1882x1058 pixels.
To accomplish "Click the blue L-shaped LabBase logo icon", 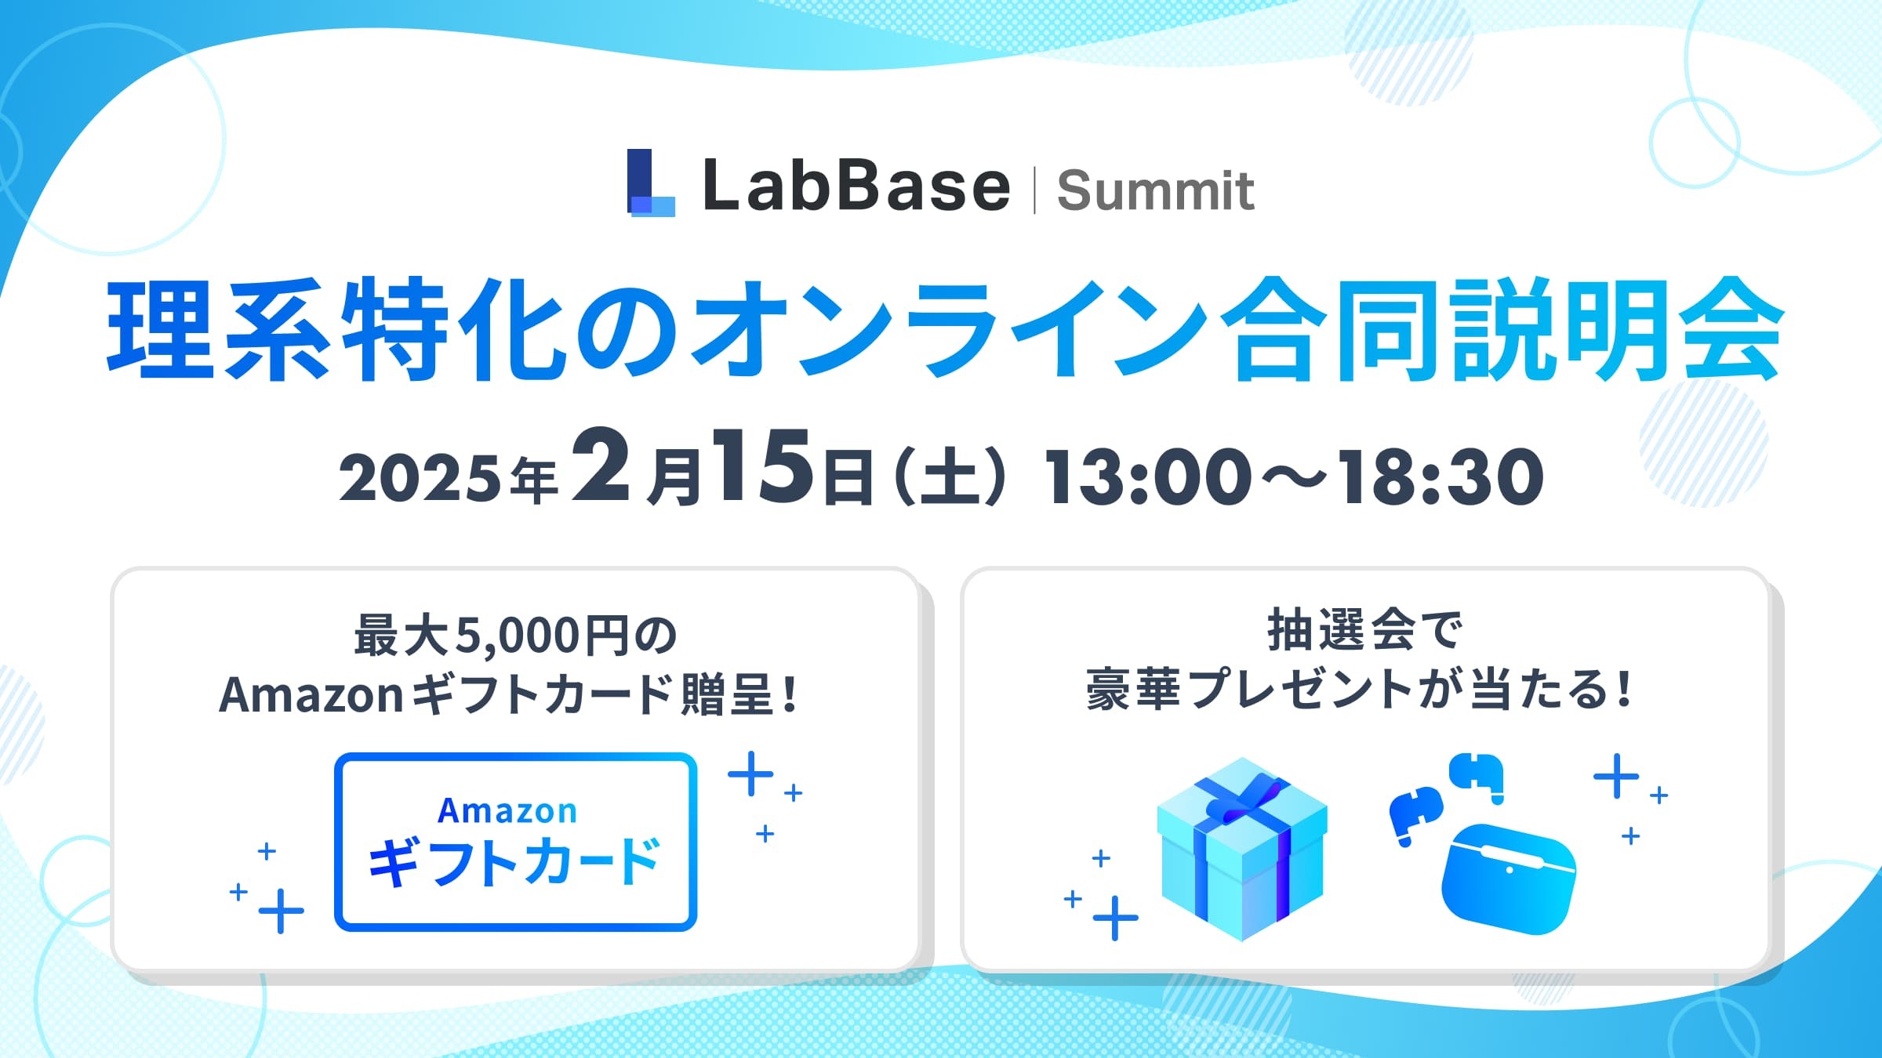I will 650,183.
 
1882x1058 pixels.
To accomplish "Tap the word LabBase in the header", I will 856,186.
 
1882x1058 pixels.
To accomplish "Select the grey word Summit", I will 1155,190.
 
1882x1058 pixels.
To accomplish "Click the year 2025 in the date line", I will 419,477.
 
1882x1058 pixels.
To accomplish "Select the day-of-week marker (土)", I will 950,476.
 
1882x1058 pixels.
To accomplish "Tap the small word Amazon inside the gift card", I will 507,810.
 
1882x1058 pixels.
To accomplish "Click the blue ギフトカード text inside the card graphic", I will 514,862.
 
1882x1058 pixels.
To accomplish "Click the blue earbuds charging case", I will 1508,878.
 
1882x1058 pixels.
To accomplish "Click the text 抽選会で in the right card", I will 1364,630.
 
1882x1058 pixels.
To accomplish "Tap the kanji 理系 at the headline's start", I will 218,329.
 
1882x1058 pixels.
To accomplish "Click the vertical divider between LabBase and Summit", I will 1034,190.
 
